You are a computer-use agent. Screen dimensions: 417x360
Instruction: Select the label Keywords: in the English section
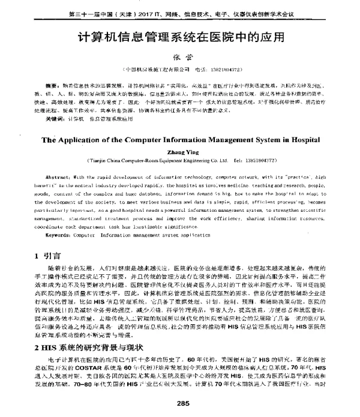(59, 236)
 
